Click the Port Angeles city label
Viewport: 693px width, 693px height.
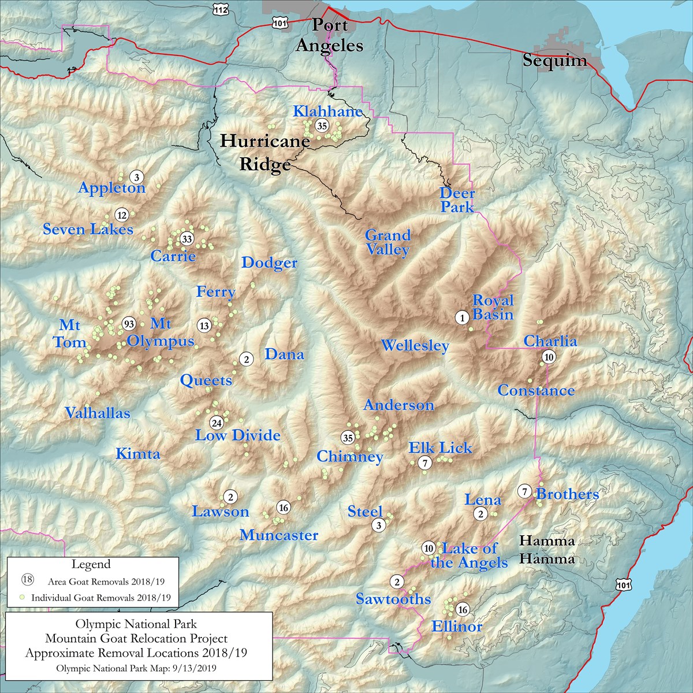[x=330, y=35]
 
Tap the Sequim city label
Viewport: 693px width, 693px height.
[x=554, y=61]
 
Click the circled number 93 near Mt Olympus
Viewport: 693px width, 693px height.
[x=129, y=323]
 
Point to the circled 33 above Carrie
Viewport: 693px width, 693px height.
[x=187, y=239]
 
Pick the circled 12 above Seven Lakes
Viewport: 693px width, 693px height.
[x=121, y=215]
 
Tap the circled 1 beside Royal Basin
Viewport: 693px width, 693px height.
[x=461, y=317]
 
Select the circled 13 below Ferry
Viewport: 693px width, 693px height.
[x=204, y=326]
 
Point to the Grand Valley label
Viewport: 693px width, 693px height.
[x=388, y=243]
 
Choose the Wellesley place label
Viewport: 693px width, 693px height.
[x=415, y=346]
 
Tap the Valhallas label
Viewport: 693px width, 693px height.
[x=97, y=413]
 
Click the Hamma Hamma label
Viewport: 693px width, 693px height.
[x=547, y=550]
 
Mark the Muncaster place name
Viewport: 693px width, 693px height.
[x=279, y=535]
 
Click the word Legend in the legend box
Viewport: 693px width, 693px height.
[x=91, y=564]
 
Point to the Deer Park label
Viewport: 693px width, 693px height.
[x=457, y=200]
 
